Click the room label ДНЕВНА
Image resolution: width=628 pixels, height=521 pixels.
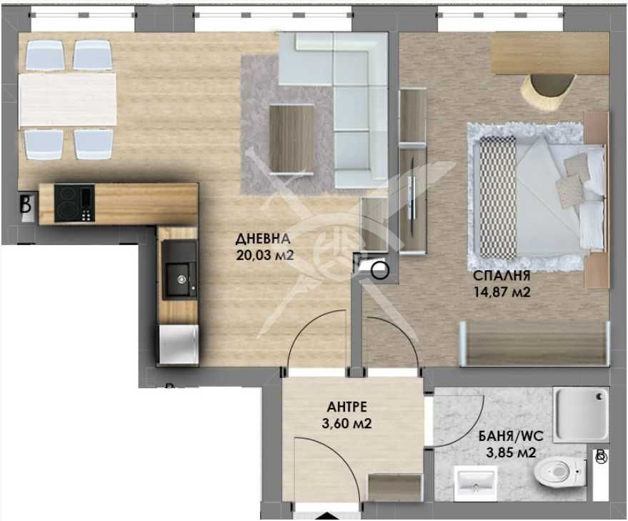coord(264,239)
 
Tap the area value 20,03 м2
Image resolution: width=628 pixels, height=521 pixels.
coord(265,255)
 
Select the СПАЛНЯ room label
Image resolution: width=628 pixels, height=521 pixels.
coord(500,276)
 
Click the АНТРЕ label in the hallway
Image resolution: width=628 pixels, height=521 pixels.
coord(347,407)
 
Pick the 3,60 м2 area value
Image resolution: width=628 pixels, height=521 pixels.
coord(348,423)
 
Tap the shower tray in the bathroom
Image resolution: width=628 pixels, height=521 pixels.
coord(581,414)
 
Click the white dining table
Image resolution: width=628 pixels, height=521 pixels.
coord(68,99)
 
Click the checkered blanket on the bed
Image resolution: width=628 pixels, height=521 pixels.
coord(498,197)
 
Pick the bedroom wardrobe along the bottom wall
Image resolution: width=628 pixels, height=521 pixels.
coord(534,344)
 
